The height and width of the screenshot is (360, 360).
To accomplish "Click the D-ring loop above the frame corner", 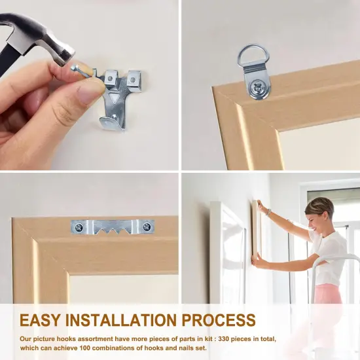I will [x=253, y=54].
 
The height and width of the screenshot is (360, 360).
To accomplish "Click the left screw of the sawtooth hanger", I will [x=79, y=227].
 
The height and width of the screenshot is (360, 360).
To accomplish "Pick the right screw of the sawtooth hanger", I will [x=147, y=227].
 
